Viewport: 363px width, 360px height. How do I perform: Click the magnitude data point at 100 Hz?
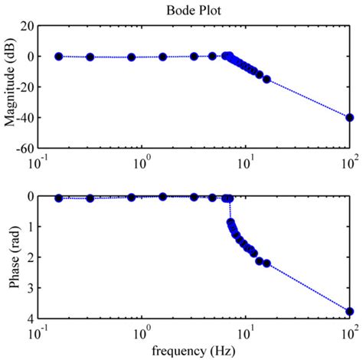(350, 117)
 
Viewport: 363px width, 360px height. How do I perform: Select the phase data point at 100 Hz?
(350, 311)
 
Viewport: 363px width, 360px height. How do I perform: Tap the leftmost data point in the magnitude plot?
(59, 56)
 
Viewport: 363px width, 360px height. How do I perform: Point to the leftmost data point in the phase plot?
(59, 198)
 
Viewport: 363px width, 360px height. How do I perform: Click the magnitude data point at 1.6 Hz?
(162, 57)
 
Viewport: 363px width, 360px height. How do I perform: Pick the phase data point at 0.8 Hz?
(132, 198)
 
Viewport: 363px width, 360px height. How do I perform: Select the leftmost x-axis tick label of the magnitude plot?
(36, 162)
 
